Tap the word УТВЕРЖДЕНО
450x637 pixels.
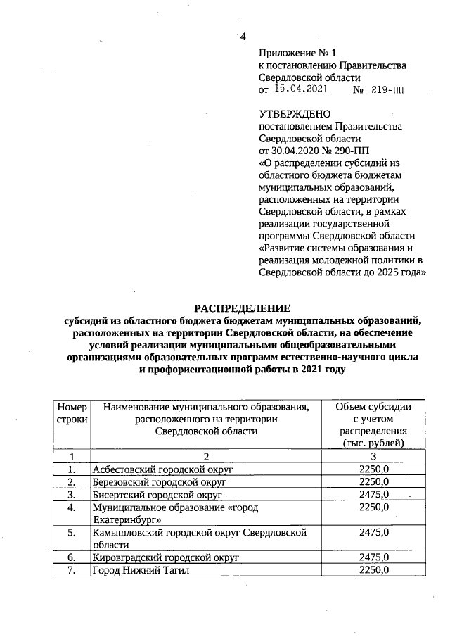[295, 113]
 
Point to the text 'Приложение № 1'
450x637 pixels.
[298, 53]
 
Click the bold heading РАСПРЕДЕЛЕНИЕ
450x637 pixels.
[242, 308]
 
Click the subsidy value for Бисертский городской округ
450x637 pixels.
[373, 496]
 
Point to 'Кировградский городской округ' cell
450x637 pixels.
[166, 557]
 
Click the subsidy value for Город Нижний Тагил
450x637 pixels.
[373, 569]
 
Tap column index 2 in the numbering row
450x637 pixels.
[205, 456]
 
